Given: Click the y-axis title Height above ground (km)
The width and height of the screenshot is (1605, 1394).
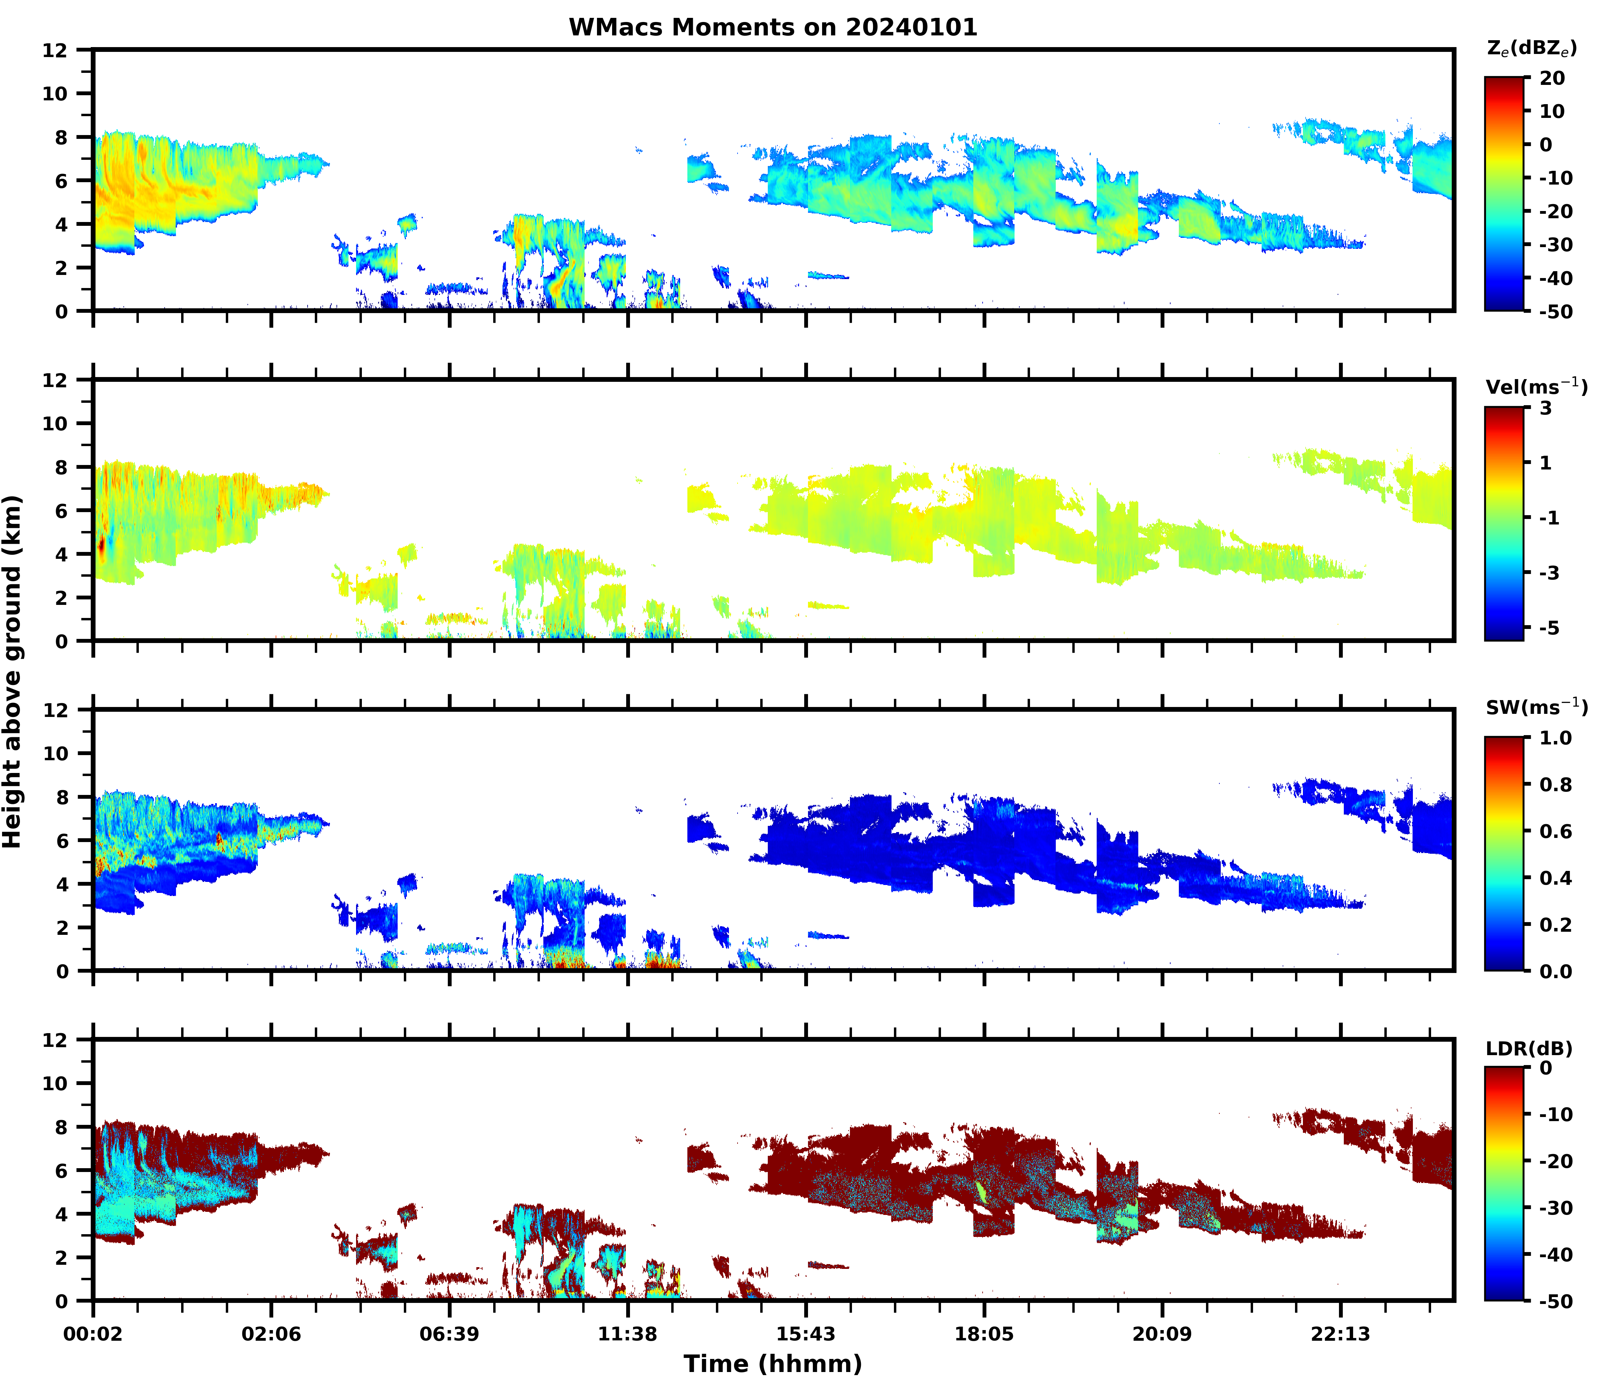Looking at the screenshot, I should (x=12, y=671).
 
